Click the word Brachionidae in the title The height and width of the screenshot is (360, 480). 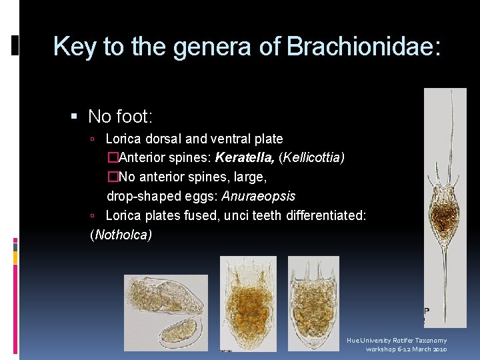coord(363,47)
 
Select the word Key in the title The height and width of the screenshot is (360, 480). coord(75,47)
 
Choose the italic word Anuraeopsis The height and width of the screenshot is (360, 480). coord(258,196)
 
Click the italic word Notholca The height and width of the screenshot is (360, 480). coord(121,234)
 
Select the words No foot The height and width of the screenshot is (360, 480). coord(120,117)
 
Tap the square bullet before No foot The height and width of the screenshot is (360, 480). coord(75,117)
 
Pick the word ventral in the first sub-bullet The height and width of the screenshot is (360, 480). coord(230,139)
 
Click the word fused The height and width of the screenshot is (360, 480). coord(198,215)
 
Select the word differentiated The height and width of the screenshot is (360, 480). coord(326,215)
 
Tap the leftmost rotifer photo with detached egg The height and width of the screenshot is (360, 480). coord(165,312)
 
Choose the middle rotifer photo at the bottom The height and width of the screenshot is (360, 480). coord(247,303)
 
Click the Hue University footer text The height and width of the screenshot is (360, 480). coord(397,340)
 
